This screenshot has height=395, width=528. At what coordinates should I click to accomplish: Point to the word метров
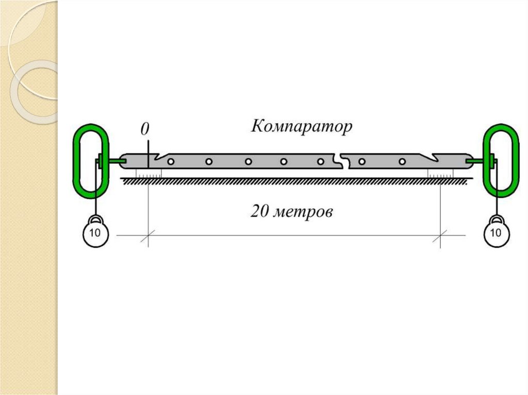point(304,212)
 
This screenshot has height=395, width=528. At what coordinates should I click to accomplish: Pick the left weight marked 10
point(95,233)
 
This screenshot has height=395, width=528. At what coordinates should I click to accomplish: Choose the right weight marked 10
point(496,233)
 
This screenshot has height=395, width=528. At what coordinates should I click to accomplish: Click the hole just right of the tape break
point(362,162)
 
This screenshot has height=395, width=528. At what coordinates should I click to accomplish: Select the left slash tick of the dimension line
point(148,236)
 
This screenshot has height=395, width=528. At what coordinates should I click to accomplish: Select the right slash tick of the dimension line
point(440,236)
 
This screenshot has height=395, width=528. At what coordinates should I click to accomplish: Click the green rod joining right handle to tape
point(478,162)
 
